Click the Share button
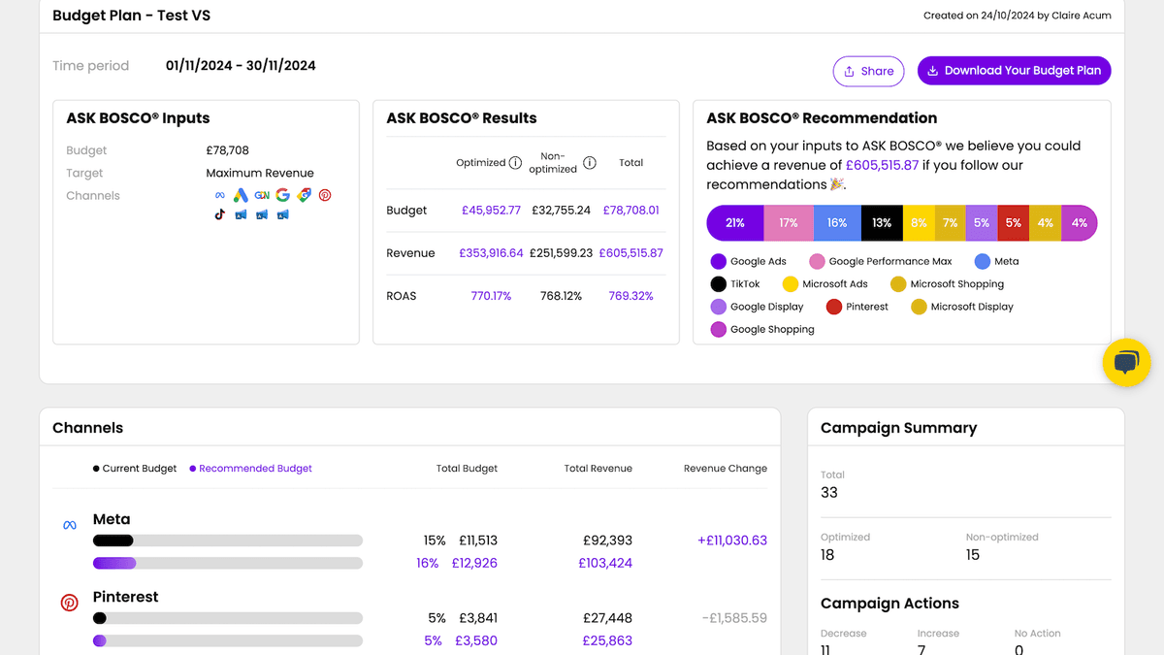point(868,71)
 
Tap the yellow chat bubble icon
point(1126,364)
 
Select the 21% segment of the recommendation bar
point(735,223)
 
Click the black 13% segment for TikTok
point(881,223)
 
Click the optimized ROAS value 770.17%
point(491,296)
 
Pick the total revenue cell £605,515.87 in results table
point(630,253)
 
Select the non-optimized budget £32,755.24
point(561,210)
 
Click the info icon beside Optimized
point(516,163)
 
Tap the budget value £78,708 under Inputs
point(227,150)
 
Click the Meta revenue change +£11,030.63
point(731,540)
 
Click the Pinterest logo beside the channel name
point(70,603)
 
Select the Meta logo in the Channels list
point(70,525)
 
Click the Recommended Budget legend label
point(255,469)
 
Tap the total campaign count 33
point(829,493)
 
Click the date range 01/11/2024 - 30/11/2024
point(241,66)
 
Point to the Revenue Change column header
point(725,469)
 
